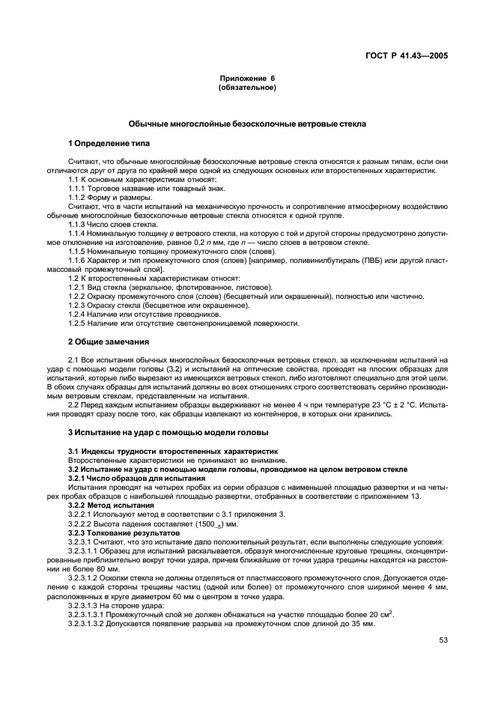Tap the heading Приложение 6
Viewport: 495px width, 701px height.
click(x=246, y=79)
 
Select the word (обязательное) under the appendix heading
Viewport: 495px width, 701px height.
click(x=246, y=88)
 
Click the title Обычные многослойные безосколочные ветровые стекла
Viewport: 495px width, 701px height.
click(x=246, y=124)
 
